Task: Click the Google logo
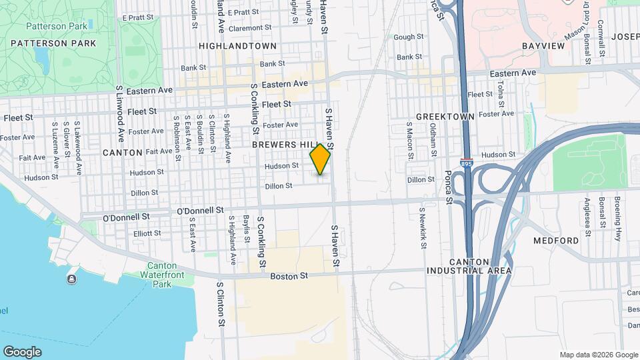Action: [x=22, y=351]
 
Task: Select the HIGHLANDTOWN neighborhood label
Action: [x=237, y=45]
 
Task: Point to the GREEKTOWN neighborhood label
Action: [x=445, y=116]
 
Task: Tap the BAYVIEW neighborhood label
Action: [x=543, y=46]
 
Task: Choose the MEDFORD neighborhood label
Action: [x=556, y=240]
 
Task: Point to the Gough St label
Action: [x=409, y=37]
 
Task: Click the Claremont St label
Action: [x=250, y=29]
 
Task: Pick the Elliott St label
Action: [x=147, y=233]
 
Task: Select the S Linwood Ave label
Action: [x=120, y=113]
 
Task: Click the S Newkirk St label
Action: [x=423, y=227]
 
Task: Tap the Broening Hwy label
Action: [x=619, y=220]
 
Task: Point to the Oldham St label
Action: [x=433, y=139]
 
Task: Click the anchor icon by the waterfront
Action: [x=71, y=279]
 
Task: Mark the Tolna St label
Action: [x=500, y=97]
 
